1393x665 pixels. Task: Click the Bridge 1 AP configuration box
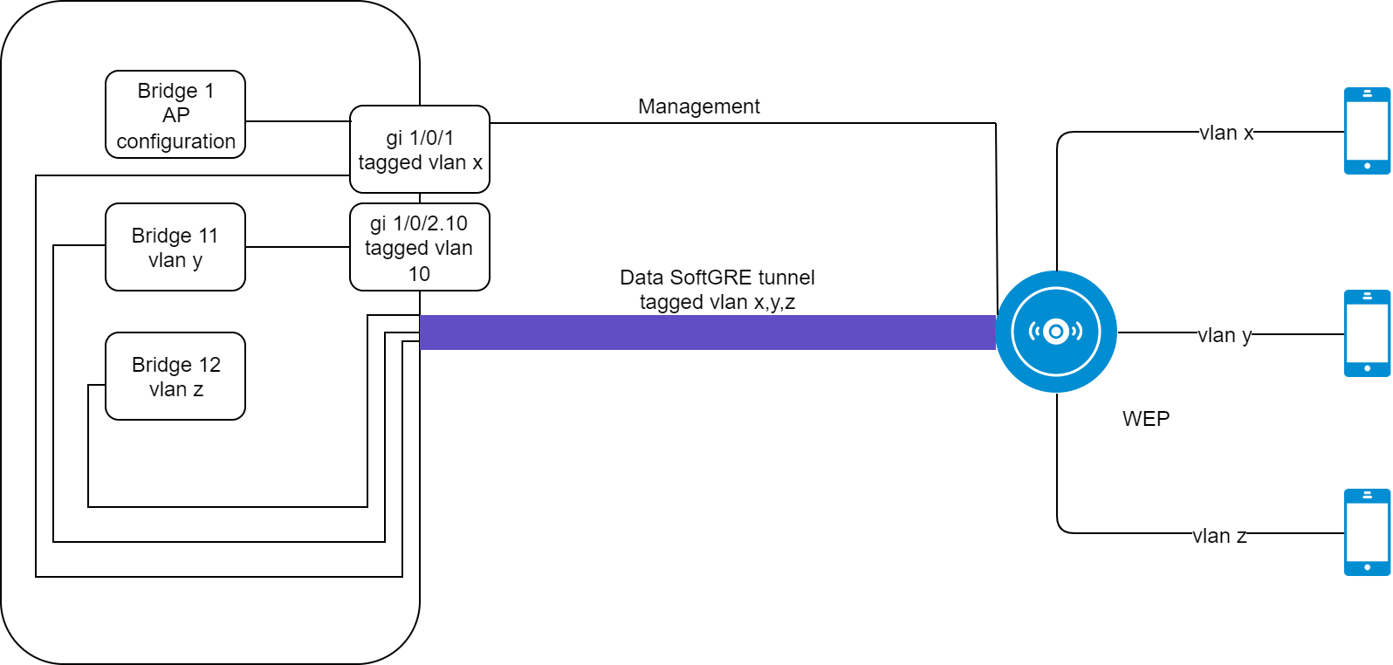pos(175,115)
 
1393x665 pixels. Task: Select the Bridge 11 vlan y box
pos(175,247)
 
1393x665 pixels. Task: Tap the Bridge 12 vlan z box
pos(175,376)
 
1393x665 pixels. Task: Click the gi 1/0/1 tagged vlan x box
pos(420,149)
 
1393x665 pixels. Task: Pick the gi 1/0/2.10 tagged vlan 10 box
pos(420,247)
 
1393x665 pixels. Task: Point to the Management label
pos(699,106)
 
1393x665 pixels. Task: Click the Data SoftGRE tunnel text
pos(717,278)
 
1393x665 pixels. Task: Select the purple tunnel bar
pos(708,332)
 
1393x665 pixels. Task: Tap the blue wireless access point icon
pos(1056,332)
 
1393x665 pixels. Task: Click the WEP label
pos(1146,419)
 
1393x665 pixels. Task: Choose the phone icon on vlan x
pos(1367,131)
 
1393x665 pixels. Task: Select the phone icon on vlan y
pos(1367,333)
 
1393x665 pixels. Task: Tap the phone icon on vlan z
pos(1367,532)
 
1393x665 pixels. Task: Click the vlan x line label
pos(1226,133)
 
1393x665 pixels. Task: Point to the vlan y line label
pos(1225,335)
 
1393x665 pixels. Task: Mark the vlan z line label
pos(1219,536)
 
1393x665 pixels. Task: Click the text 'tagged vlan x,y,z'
pos(717,302)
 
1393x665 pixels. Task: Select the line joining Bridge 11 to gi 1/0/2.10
pos(298,247)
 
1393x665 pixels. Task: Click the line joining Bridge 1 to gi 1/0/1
pos(298,121)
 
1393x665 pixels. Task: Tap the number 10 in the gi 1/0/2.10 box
pos(419,274)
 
